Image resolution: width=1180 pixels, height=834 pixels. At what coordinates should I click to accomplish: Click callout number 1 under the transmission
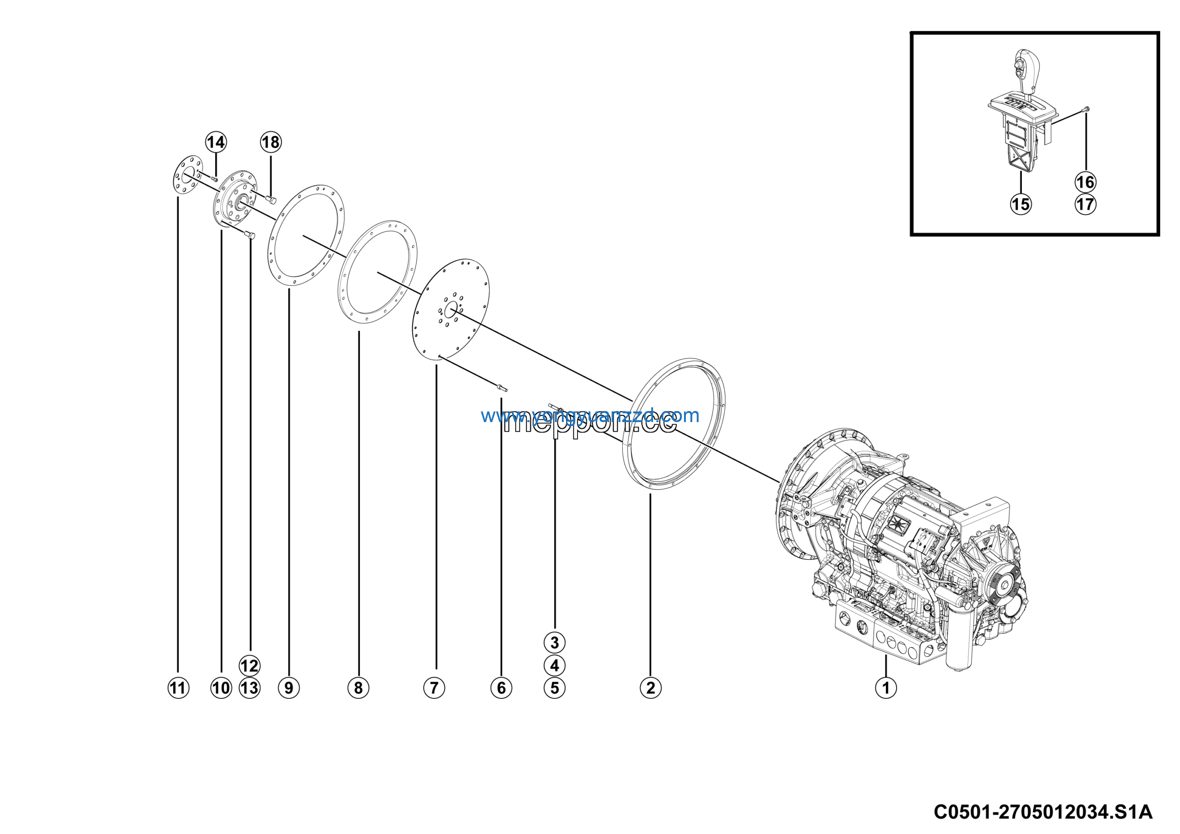coord(885,687)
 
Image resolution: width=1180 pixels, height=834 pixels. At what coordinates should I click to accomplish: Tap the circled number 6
coord(501,687)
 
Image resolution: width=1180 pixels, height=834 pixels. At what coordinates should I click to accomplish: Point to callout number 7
coord(434,687)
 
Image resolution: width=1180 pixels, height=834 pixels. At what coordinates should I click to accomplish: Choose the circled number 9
coord(289,687)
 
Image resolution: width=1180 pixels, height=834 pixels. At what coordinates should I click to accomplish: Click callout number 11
coord(178,687)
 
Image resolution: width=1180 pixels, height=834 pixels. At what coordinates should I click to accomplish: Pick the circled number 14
coord(216,142)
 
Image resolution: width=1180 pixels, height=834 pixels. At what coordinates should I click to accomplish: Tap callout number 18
coord(271,142)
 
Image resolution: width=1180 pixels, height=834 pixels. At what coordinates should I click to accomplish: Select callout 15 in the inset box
coord(1021,204)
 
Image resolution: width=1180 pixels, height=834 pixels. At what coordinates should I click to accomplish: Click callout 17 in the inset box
coord(1085,204)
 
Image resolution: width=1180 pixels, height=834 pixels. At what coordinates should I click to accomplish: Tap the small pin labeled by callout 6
coord(501,387)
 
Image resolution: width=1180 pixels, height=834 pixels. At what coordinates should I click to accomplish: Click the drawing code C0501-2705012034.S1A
coord(1043,812)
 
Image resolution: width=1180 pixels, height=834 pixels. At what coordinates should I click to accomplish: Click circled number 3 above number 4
coord(554,642)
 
